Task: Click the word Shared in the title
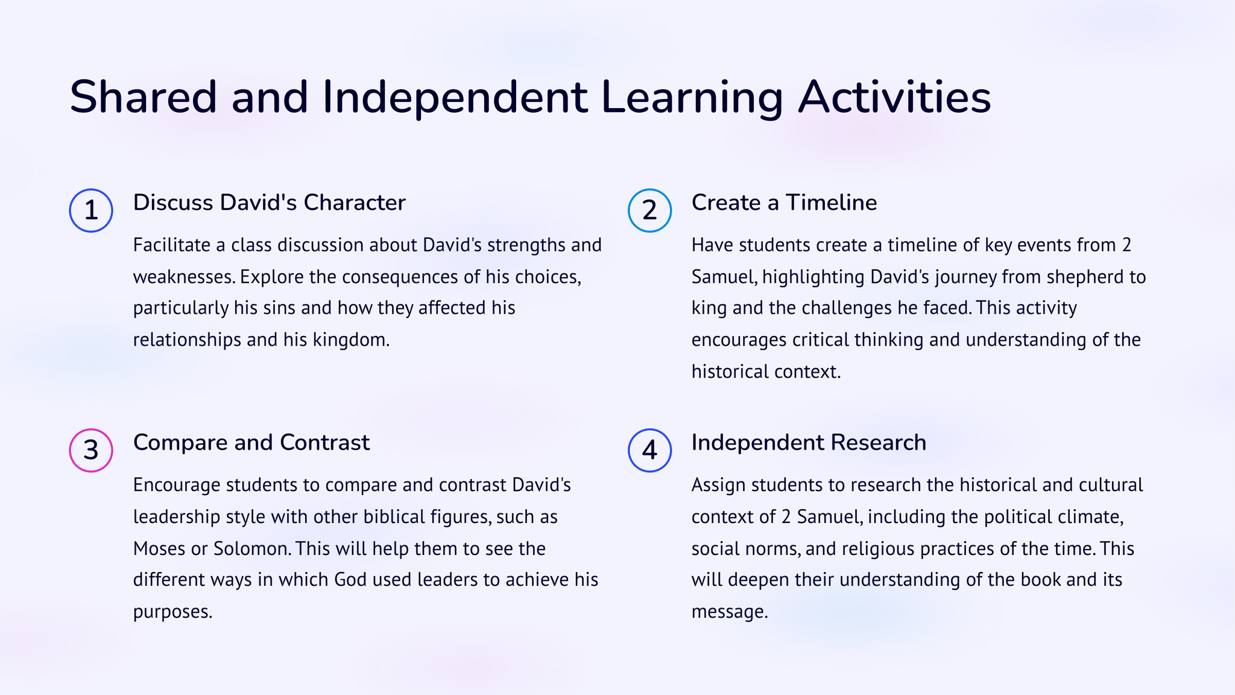click(143, 97)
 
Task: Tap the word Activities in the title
click(895, 97)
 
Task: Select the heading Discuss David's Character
click(269, 203)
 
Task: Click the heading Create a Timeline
click(784, 203)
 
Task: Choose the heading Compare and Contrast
click(251, 443)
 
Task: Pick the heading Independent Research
click(809, 443)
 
